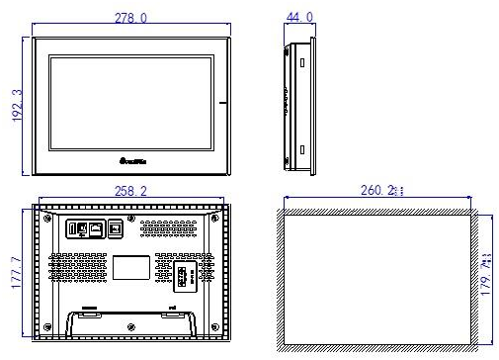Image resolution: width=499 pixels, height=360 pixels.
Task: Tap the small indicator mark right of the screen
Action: click(225, 103)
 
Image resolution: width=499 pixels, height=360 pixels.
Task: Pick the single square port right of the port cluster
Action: click(115, 227)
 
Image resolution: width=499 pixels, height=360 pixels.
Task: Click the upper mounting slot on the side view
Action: click(301, 61)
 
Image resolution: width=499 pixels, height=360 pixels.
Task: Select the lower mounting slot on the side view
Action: click(301, 149)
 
